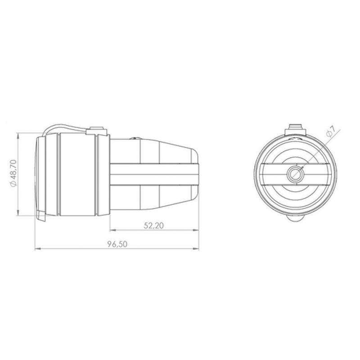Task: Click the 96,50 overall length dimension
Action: coord(117,244)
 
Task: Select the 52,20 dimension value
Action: coord(153,225)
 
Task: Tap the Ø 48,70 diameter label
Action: coord(13,173)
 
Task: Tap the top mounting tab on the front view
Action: coord(296,130)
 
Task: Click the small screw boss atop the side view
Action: coord(97,130)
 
